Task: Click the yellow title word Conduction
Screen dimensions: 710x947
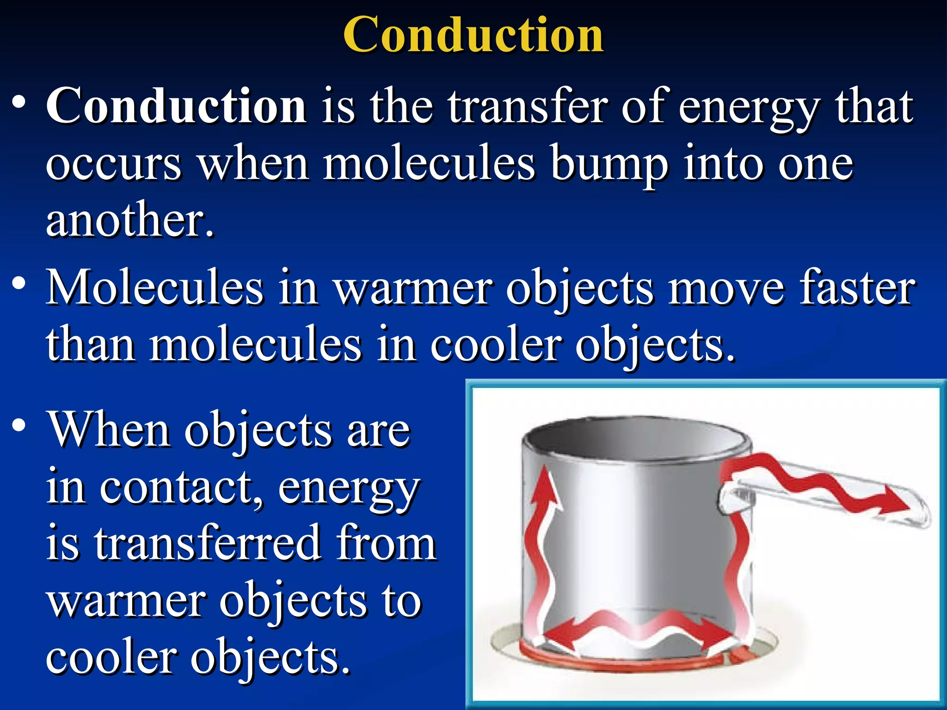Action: click(x=473, y=35)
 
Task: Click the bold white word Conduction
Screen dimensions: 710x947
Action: click(x=176, y=106)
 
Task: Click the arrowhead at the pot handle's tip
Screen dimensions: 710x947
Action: click(x=895, y=504)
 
